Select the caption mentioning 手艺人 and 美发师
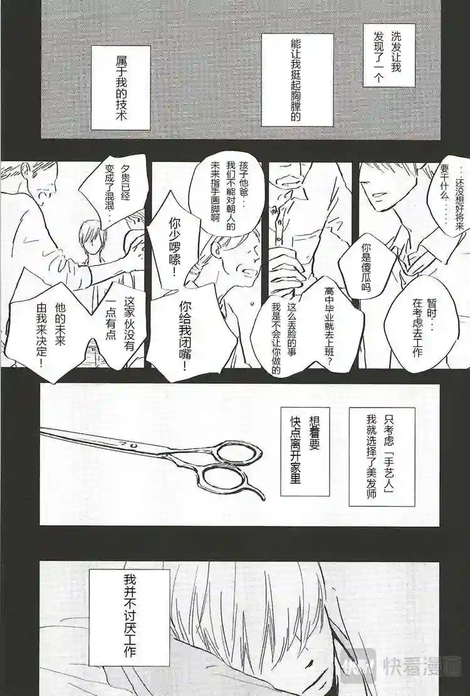point(382,456)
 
